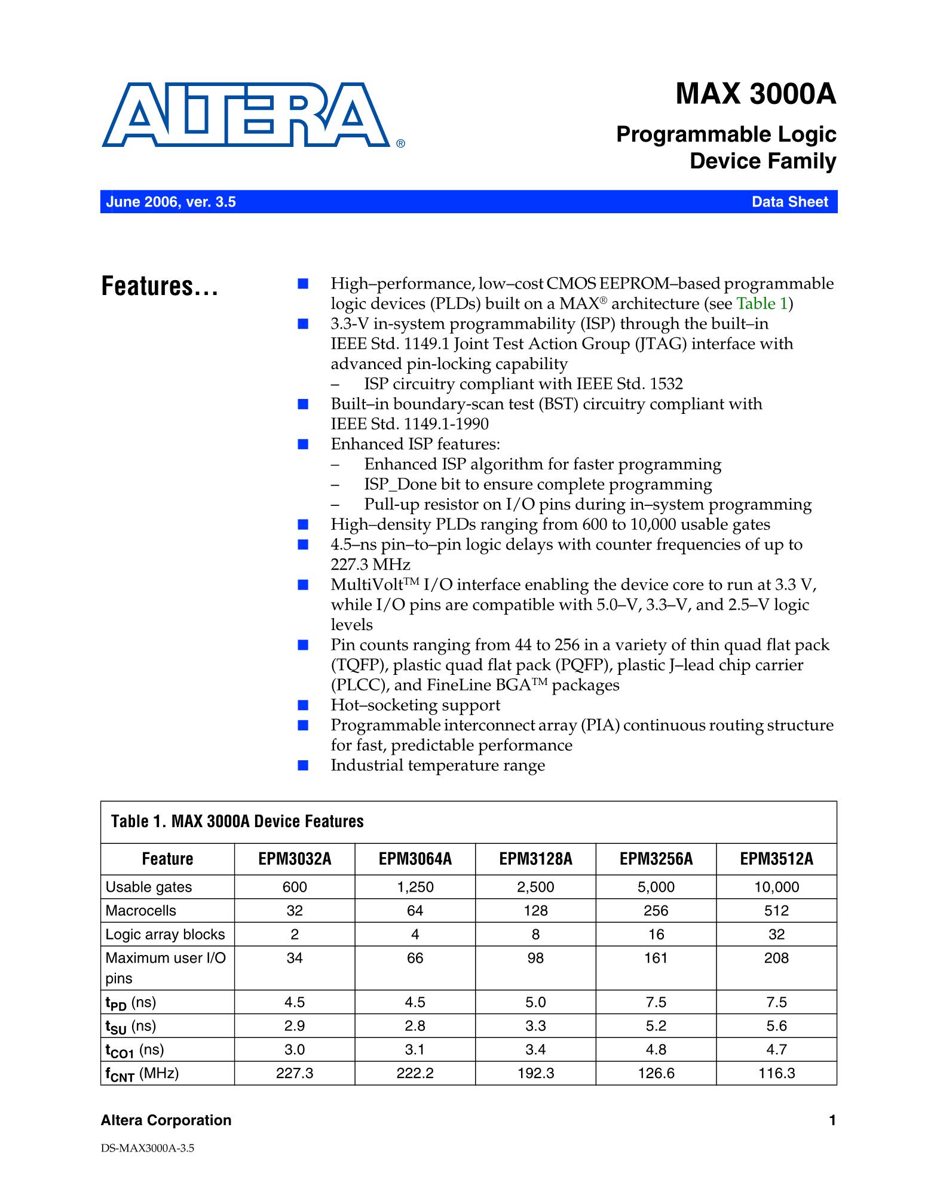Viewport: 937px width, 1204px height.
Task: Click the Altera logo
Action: (246, 115)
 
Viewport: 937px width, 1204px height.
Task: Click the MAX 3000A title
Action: (755, 94)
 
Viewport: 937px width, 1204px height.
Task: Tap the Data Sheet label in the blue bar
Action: (789, 202)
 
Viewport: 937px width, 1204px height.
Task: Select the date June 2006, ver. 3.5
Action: (171, 202)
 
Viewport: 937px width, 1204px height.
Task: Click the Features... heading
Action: (160, 287)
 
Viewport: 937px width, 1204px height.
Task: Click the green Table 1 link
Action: (762, 303)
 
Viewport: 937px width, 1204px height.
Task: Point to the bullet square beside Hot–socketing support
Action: (303, 705)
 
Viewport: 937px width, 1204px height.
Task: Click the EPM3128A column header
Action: (535, 859)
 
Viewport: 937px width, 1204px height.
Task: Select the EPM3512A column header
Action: (776, 859)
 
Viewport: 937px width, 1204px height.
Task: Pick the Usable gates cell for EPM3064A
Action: (415, 887)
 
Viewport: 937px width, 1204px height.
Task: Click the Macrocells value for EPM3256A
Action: (656, 910)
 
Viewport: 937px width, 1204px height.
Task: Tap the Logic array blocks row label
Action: (165, 934)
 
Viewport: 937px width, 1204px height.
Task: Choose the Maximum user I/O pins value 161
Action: (656, 958)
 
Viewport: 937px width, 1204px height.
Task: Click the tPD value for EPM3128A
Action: (535, 1002)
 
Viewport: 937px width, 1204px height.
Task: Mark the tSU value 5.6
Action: (776, 1026)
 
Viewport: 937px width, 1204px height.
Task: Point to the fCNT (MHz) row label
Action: (142, 1074)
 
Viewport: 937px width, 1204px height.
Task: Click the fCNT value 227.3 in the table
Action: (295, 1073)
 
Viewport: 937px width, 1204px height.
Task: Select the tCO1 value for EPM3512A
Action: (776, 1049)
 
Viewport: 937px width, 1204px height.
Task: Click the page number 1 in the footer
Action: (832, 1120)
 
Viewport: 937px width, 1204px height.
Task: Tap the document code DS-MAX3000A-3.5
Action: (148, 1148)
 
